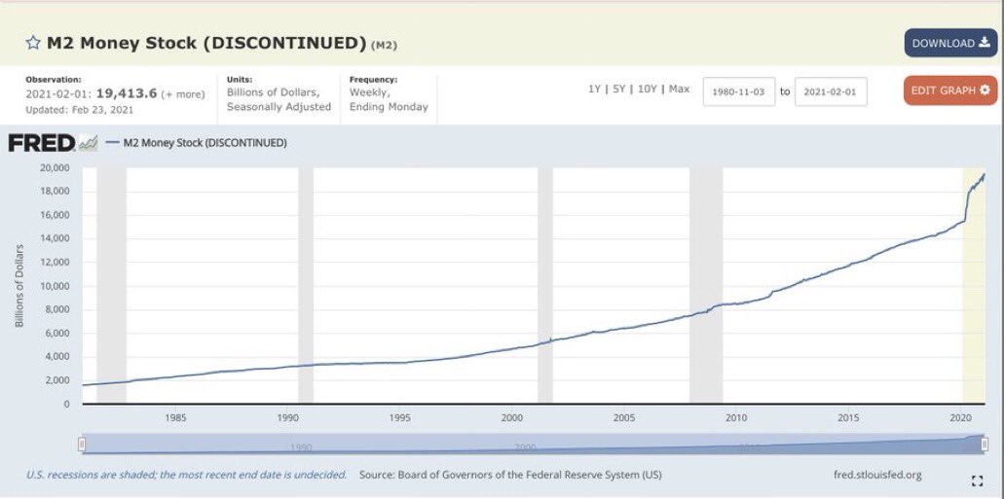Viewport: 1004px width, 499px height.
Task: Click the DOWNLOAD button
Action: tap(949, 43)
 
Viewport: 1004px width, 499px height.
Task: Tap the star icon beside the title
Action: tap(33, 43)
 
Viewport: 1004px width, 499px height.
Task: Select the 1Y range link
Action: tap(594, 89)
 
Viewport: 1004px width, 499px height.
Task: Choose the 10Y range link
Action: tap(648, 89)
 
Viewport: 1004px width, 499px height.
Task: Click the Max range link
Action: tap(679, 89)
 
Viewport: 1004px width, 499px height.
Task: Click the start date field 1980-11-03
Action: tap(738, 91)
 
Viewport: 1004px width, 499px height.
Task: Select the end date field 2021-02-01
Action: tap(830, 91)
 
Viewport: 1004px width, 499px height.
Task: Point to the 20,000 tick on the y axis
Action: tap(54, 167)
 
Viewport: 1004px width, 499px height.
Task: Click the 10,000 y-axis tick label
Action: tap(54, 286)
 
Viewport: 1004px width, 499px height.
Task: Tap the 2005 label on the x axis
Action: tap(624, 418)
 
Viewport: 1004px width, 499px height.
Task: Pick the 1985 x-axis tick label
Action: tap(176, 418)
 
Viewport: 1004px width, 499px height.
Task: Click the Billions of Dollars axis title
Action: tap(19, 285)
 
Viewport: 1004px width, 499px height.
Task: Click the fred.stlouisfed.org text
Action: tap(877, 475)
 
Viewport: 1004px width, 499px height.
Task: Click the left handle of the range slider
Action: tap(83, 445)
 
